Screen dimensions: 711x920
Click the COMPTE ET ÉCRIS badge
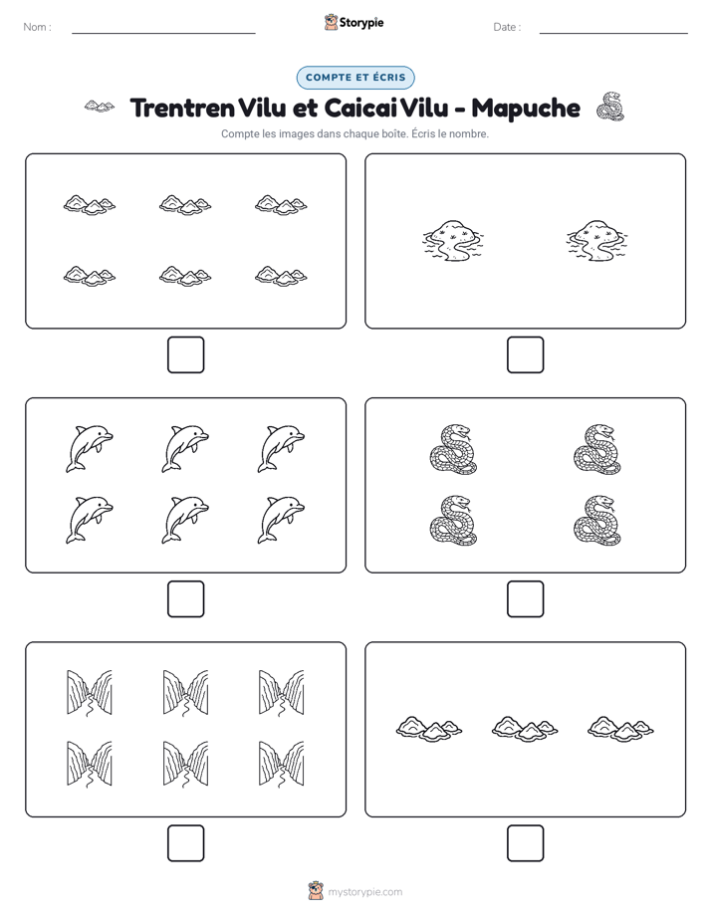(355, 78)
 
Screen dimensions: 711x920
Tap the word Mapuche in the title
(526, 109)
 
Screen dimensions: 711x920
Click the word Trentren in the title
(182, 108)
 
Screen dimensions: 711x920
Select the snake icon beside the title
(610, 107)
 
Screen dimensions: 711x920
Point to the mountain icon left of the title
(100, 107)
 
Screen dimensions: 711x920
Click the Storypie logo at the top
(355, 22)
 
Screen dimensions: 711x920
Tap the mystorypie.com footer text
(364, 892)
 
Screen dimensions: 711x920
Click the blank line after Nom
(163, 33)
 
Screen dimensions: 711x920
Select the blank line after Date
(613, 33)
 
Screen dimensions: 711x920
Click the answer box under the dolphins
(186, 599)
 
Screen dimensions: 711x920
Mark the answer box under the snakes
(525, 599)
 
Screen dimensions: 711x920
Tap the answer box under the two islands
(525, 355)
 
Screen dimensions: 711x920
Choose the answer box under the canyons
(186, 843)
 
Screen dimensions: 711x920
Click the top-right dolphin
(281, 449)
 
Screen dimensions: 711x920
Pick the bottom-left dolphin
(90, 520)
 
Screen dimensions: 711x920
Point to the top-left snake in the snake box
(453, 449)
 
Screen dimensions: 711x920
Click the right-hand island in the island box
(596, 241)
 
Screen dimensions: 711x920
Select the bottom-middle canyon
(185, 764)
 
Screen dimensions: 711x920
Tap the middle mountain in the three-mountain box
(525, 728)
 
